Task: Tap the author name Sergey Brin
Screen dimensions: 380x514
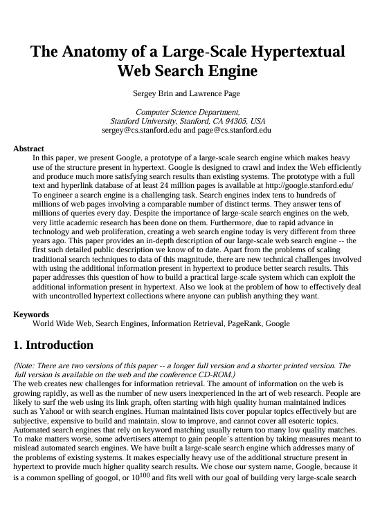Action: [152, 93]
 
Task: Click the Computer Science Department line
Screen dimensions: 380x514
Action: [188, 112]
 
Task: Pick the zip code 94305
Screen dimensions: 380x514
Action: [235, 121]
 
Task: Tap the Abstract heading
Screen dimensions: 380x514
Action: [28, 149]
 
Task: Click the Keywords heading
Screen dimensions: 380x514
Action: [32, 314]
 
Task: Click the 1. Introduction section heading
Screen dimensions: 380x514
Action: [53, 345]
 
